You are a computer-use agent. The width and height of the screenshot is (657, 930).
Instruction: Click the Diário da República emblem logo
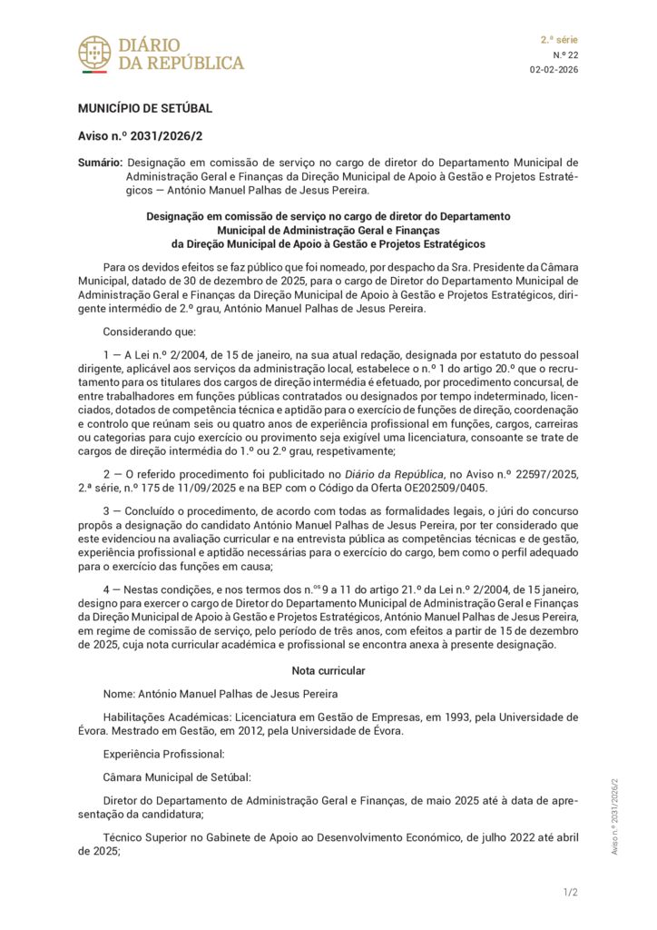(94, 54)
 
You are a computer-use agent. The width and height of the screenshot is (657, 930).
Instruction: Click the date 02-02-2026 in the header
(554, 70)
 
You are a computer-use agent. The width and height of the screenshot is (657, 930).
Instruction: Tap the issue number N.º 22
(565, 54)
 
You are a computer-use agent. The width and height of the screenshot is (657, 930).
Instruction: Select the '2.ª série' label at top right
(559, 40)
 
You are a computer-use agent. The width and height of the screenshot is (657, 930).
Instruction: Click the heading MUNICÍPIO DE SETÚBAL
(145, 109)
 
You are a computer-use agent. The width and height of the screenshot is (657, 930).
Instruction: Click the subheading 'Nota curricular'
(328, 670)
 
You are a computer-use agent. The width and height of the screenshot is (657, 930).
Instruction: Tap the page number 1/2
(570, 893)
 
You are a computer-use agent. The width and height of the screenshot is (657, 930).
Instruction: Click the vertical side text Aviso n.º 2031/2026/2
(614, 816)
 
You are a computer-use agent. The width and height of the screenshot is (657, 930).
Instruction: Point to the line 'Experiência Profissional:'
(163, 754)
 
